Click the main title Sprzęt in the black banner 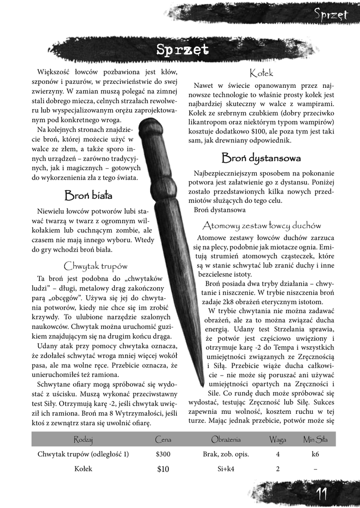point(182,50)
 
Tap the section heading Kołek point(262,73)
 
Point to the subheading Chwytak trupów point(96,265)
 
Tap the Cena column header point(163,439)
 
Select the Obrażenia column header point(226,439)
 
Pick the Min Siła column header point(315,439)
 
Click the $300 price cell point(163,454)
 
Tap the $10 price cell point(163,469)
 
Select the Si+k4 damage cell point(226,469)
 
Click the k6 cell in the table point(315,454)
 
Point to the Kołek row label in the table point(83,469)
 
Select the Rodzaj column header point(83,439)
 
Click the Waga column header point(278,439)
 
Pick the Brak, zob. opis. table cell point(226,454)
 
